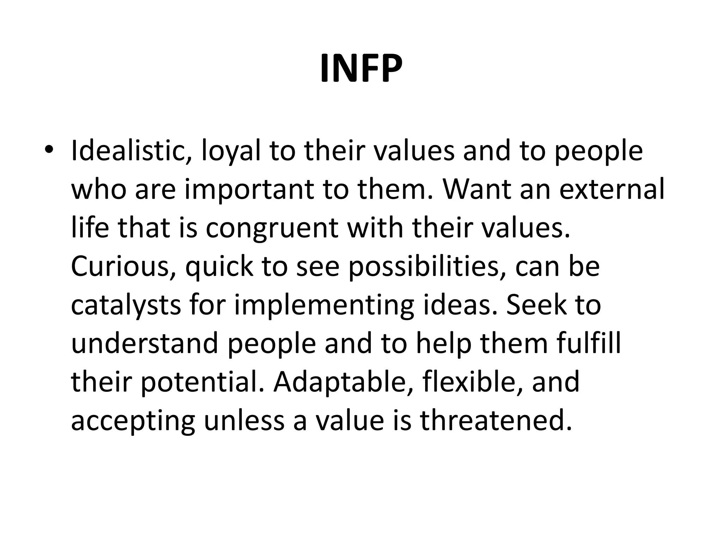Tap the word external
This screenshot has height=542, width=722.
[612, 189]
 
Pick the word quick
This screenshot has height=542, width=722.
[219, 267]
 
